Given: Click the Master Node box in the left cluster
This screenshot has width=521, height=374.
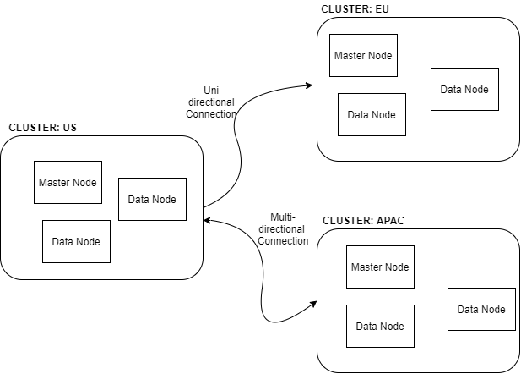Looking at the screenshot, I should click(68, 182).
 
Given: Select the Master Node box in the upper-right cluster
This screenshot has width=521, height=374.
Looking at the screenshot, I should click(363, 56).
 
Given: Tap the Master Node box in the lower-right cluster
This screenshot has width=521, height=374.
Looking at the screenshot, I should click(380, 267).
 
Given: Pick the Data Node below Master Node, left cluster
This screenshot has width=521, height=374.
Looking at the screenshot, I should click(76, 241).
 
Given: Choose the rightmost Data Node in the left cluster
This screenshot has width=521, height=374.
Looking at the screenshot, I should click(152, 199).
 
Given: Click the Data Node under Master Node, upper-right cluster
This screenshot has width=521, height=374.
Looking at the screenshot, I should click(372, 114).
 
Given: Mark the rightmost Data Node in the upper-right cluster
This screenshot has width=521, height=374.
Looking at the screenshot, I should click(464, 89).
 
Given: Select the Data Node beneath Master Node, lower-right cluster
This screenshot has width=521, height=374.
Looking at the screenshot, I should click(380, 326).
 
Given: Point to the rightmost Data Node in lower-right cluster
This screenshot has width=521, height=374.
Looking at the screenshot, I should click(481, 309).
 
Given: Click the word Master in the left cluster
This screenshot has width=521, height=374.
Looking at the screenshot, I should click(54, 182).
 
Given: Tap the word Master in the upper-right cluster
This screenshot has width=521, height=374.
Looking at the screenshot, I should click(350, 56).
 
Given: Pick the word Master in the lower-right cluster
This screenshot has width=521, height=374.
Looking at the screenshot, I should click(366, 267).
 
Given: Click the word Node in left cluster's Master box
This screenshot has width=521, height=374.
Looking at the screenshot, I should click(84, 182).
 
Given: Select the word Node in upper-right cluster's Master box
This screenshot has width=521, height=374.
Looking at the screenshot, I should click(379, 56).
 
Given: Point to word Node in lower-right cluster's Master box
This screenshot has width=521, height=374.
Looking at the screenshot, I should click(396, 267).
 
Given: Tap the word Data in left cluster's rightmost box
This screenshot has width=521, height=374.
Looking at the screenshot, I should click(138, 200).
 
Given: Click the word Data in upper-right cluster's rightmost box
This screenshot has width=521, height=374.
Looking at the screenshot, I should click(451, 90).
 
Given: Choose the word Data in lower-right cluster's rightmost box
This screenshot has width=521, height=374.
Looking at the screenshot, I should click(468, 310).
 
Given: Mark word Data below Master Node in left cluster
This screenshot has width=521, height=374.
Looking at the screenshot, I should click(62, 242).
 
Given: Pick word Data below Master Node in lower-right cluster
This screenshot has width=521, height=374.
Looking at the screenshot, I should click(366, 327).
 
